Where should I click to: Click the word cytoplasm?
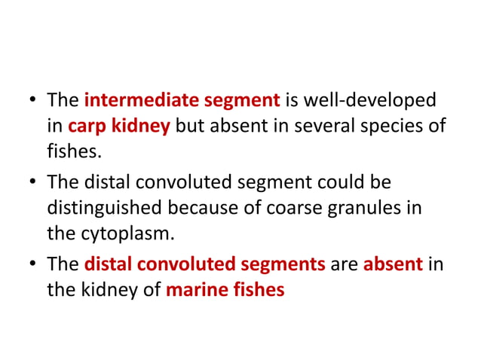pyautogui.click(x=132, y=233)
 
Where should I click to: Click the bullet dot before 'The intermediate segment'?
pyautogui.click(x=32, y=100)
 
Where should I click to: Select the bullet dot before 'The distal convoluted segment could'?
pyautogui.click(x=32, y=181)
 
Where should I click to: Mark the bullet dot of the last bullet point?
pyautogui.click(x=32, y=264)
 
